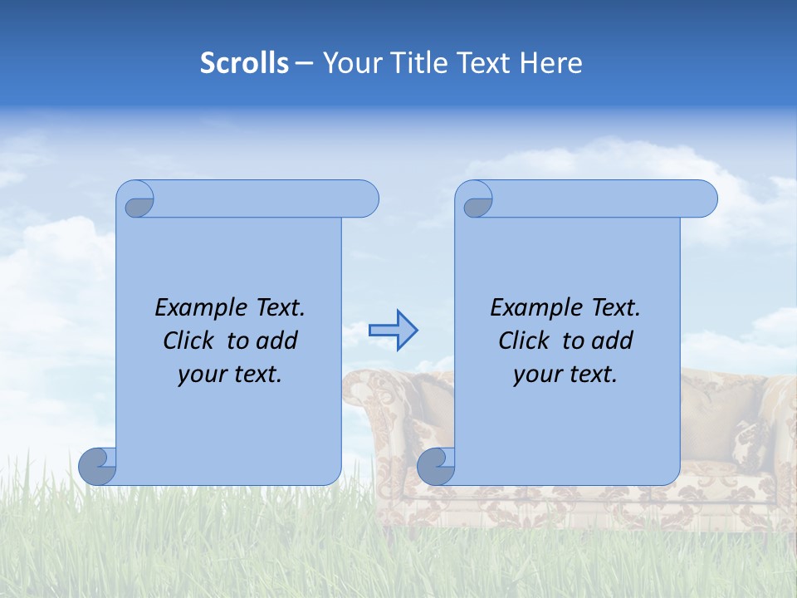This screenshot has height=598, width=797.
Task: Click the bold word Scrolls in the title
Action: pyautogui.click(x=244, y=63)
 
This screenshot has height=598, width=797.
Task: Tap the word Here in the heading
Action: pyautogui.click(x=551, y=63)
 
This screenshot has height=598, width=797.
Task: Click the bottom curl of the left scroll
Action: pyautogui.click(x=98, y=466)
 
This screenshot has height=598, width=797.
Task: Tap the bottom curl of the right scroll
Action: pyautogui.click(x=436, y=466)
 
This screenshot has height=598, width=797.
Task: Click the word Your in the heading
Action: pyautogui.click(x=349, y=63)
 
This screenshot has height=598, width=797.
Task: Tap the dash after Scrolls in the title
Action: pyautogui.click(x=304, y=63)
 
